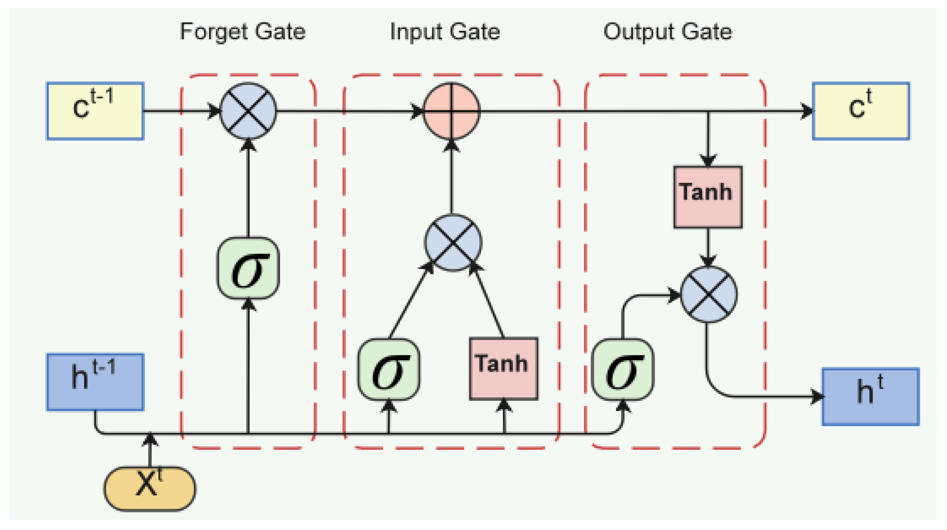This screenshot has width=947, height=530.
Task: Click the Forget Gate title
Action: [242, 32]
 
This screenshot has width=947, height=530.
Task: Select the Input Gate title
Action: [445, 32]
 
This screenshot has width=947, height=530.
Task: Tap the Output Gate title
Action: [667, 32]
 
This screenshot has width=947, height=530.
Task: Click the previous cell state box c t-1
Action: [95, 111]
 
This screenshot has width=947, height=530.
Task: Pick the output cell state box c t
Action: [861, 111]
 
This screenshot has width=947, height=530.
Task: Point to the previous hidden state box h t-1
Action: [95, 382]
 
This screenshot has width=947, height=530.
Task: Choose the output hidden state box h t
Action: [870, 396]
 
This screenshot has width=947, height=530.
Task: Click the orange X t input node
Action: [150, 488]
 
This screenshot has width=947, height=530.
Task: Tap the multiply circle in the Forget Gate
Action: [248, 111]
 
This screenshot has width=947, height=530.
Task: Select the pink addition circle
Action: [451, 111]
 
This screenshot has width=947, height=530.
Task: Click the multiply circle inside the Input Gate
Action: [453, 242]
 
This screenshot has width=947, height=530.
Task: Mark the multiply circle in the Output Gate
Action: [708, 295]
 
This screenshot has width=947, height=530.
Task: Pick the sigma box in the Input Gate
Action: [389, 369]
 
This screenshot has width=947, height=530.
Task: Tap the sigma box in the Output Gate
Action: [622, 369]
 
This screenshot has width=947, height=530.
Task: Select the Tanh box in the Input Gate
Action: [504, 368]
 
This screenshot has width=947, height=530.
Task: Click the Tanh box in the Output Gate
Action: [708, 197]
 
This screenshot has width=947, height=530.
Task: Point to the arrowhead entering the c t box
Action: [807, 111]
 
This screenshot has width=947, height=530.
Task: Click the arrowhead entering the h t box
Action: [817, 396]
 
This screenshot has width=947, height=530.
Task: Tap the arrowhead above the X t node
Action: [150, 439]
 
